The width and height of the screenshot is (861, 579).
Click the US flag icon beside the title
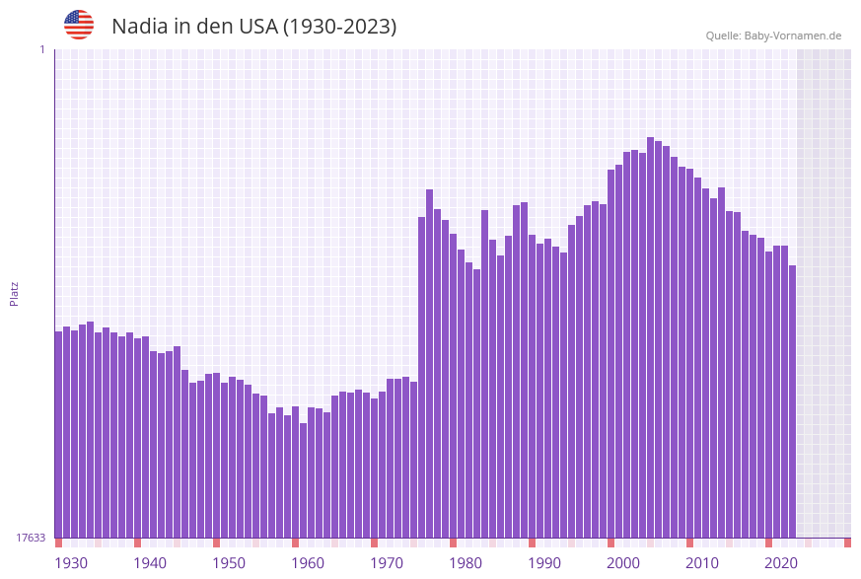click(x=79, y=25)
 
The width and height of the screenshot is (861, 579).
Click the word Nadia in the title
click(x=141, y=27)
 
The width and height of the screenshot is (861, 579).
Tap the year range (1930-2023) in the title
click(x=340, y=27)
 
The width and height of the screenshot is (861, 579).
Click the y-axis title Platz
click(x=15, y=293)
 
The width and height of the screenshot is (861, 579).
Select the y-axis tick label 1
click(x=42, y=49)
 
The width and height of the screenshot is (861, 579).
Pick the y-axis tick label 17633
click(x=31, y=538)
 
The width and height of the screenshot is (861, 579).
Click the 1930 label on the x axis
click(x=71, y=563)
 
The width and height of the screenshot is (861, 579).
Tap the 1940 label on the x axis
click(x=150, y=563)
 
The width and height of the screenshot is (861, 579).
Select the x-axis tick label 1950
click(x=229, y=563)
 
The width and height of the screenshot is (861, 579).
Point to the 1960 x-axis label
click(x=308, y=563)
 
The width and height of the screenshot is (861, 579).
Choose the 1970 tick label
click(x=387, y=563)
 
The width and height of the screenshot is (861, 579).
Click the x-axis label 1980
click(x=466, y=563)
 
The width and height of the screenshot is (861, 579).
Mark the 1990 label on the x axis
click(x=544, y=563)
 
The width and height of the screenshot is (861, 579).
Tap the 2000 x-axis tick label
click(x=623, y=563)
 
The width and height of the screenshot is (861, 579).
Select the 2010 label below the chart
click(x=702, y=563)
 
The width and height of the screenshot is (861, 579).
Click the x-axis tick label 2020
click(x=781, y=563)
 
